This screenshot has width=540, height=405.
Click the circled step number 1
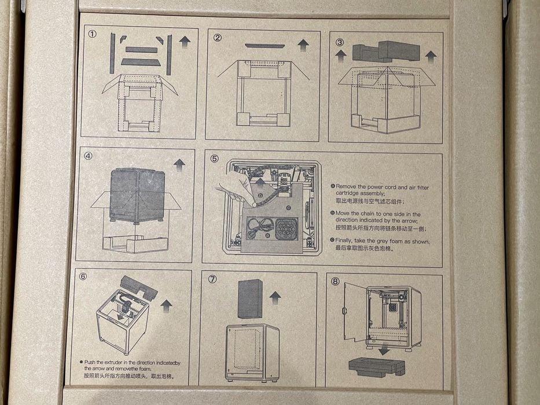click(x=92, y=35)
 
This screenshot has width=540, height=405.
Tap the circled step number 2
click(x=218, y=38)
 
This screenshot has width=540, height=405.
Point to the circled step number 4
click(x=89, y=156)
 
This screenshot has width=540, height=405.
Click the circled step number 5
click(x=214, y=158)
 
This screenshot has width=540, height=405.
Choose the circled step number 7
click(x=212, y=279)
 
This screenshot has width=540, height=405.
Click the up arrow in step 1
click(x=185, y=41)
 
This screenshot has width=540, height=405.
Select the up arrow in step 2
click(x=303, y=45)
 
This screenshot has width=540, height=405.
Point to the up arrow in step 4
click(x=179, y=164)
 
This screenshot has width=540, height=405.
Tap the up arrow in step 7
click(x=275, y=297)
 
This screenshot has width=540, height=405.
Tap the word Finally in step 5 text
click(x=344, y=241)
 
